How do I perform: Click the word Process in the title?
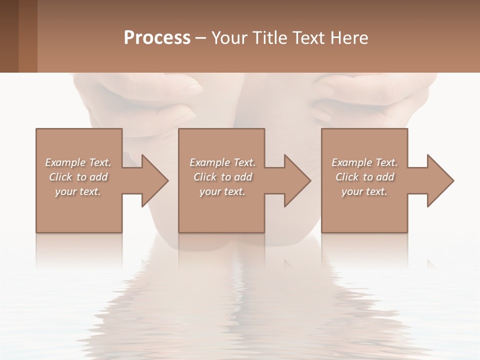click(x=157, y=38)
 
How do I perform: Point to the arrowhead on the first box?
click(x=153, y=180)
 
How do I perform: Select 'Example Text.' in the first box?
click(x=78, y=162)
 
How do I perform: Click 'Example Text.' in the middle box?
click(x=222, y=162)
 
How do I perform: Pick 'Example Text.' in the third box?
click(x=364, y=162)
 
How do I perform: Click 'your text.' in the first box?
click(x=78, y=191)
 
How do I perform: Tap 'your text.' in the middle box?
click(x=222, y=191)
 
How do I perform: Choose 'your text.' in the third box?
click(x=364, y=191)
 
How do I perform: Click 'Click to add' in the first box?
click(x=78, y=177)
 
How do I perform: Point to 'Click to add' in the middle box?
click(x=222, y=177)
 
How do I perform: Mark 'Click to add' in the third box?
click(x=364, y=177)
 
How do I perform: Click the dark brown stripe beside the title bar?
click(x=9, y=36)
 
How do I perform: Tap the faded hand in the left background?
click(x=145, y=97)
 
